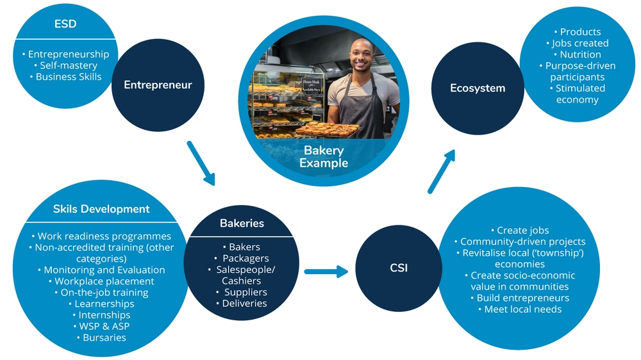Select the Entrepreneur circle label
pos(158,85)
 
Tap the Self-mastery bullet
pos(69,65)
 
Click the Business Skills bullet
pos(69,77)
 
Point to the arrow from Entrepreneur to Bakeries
pos(201,163)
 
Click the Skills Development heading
pos(101,209)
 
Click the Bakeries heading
pos(242,224)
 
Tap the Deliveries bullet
pos(244,303)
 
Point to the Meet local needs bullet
pos(522,309)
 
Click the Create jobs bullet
pos(522,230)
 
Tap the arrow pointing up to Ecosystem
pos(442,171)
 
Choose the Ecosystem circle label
pos(478,88)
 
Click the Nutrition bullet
pos(580,54)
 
